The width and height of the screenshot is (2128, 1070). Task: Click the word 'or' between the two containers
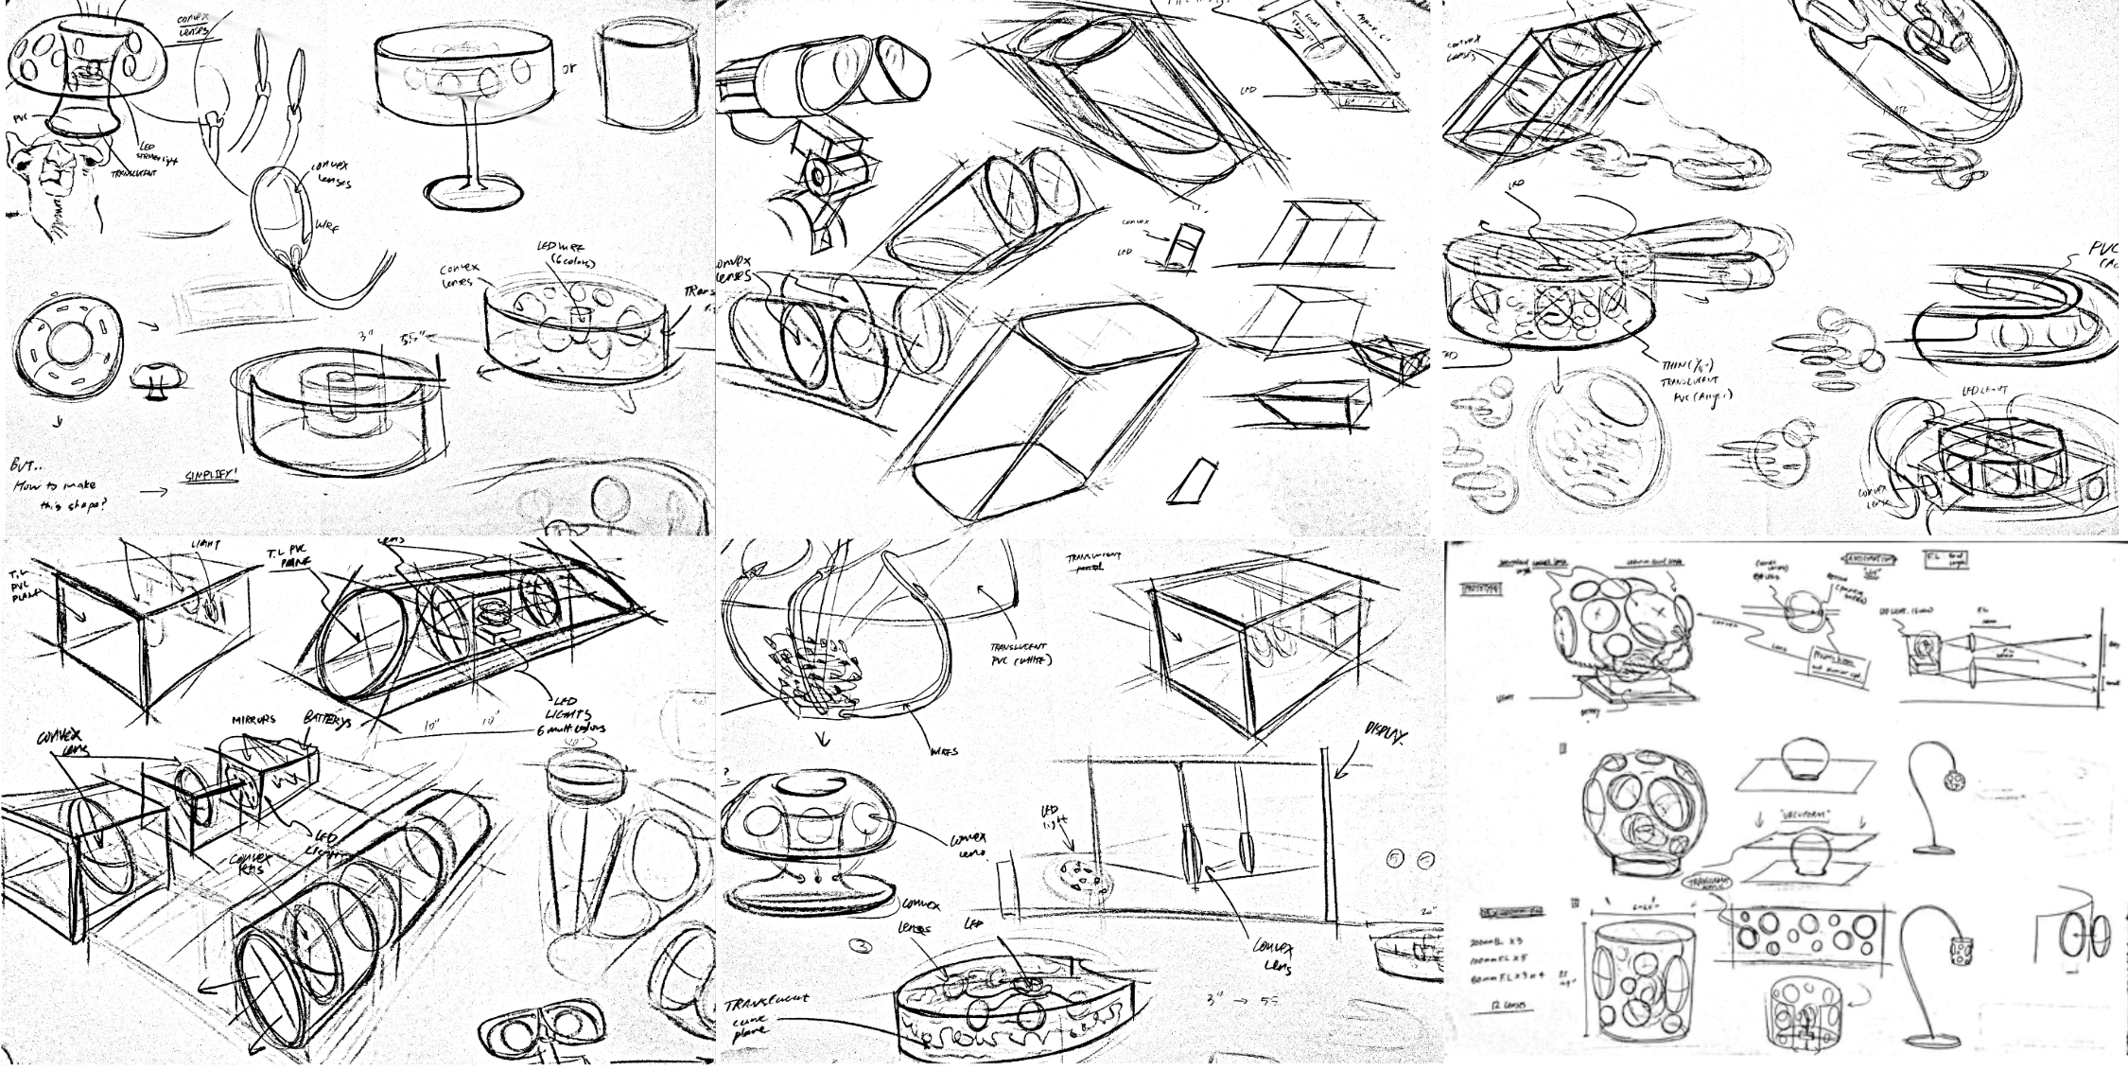coord(568,69)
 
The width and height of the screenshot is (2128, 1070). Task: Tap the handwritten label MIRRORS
coord(253,720)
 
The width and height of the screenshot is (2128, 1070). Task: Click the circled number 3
coord(862,944)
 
